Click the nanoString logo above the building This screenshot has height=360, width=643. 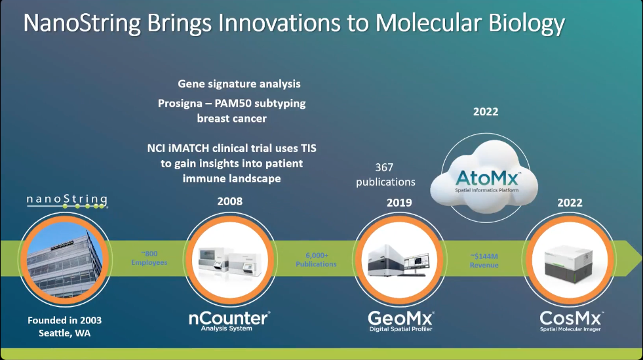coord(67,201)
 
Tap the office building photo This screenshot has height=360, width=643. coord(65,260)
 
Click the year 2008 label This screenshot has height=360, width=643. coord(229,201)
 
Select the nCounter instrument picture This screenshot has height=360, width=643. coord(229,261)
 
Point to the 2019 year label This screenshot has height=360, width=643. coord(399,203)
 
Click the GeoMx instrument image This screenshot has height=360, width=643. coord(399,260)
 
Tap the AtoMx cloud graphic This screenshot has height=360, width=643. coord(485,177)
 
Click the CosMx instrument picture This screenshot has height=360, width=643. coord(569,264)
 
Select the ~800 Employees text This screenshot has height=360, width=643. coord(149,258)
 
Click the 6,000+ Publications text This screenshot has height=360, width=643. coord(316,260)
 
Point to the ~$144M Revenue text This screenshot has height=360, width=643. coord(484,261)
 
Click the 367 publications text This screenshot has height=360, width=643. coord(385,174)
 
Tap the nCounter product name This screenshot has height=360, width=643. coord(229,321)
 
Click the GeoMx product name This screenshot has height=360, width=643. coord(400,321)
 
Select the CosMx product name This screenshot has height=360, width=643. coord(571,321)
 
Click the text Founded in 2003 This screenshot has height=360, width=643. coord(65,320)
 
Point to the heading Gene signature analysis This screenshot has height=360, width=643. coord(239,84)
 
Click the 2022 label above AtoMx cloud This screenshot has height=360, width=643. coord(486,111)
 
